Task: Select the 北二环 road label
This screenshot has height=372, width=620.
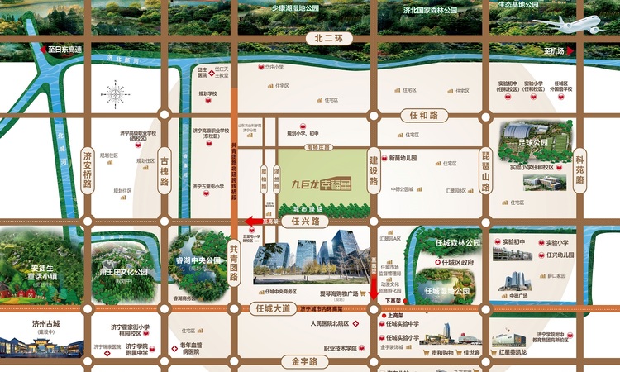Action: click(328, 38)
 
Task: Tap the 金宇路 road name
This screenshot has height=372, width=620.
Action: click(298, 361)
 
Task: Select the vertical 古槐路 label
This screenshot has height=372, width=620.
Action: click(165, 169)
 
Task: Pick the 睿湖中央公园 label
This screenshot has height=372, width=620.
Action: click(198, 259)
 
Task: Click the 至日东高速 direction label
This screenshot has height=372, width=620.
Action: click(64, 50)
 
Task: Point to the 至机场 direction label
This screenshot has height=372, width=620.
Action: click(554, 51)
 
